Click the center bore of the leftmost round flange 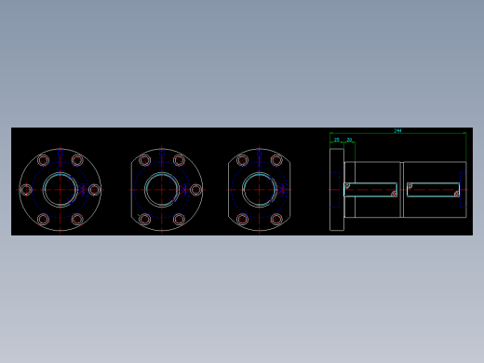coord(60,189)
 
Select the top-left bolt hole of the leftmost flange coord(43,160)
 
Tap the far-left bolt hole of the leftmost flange coord(26,190)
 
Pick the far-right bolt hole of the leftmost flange coord(94,190)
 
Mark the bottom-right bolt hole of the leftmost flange coord(77,220)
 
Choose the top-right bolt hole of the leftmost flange coord(77,160)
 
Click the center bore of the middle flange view coord(162,189)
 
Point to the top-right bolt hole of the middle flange coord(179,160)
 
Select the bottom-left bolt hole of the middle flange coord(145,220)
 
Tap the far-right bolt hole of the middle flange coord(195,190)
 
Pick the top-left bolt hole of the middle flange coord(145,160)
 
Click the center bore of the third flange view coord(260,189)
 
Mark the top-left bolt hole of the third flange coord(243,160)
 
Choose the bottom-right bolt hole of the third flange coord(276,220)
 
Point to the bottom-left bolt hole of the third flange coord(243,220)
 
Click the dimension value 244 coord(397,131)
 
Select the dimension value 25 coord(336,140)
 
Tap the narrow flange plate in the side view coord(336,189)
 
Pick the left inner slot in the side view coord(370,190)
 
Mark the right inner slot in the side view coord(433,190)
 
